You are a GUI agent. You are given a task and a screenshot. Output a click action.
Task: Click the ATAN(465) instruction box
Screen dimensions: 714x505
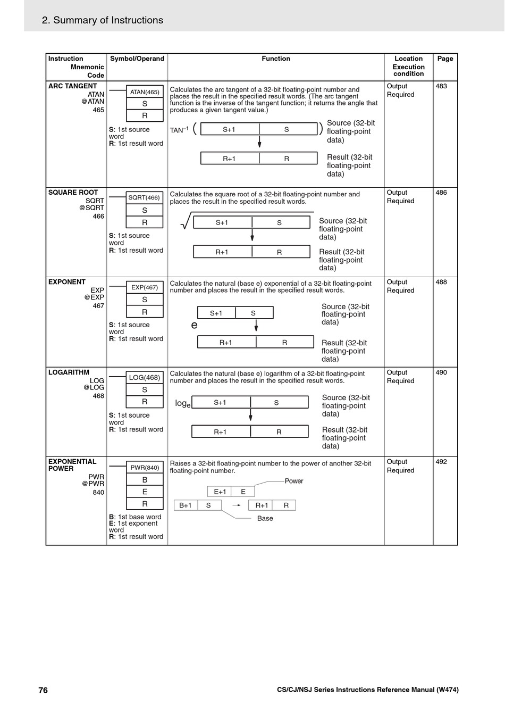145,92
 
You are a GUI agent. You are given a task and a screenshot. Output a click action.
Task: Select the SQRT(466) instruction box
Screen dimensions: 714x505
145,198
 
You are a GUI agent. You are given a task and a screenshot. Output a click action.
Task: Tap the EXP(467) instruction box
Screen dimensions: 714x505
145,287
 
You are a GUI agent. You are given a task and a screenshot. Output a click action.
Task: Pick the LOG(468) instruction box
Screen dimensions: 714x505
145,378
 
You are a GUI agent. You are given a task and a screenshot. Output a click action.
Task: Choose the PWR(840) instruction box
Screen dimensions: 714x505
145,468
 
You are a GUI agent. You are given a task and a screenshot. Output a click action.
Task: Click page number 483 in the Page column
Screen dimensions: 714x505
441,86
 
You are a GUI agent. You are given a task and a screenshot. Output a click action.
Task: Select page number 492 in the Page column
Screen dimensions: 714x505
441,462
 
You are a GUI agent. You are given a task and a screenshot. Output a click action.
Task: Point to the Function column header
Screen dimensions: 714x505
276,59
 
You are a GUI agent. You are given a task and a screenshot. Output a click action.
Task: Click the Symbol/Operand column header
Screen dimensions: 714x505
137,59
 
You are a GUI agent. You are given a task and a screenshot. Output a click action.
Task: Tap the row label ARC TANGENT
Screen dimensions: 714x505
73,86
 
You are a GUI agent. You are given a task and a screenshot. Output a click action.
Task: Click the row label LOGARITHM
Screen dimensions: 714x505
69,372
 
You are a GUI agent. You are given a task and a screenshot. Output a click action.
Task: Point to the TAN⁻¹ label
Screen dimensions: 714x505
179,130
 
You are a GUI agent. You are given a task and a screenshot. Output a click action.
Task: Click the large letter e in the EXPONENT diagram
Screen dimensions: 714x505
194,325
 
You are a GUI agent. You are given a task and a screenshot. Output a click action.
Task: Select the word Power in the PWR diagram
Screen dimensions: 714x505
294,481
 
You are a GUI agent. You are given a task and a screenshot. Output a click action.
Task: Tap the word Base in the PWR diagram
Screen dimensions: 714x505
265,518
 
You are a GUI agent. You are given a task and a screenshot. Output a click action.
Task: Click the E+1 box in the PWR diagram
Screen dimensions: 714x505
220,492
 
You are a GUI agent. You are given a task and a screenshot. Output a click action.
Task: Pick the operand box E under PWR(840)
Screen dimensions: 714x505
145,492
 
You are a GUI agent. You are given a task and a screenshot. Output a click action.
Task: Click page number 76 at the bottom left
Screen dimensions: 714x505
43,690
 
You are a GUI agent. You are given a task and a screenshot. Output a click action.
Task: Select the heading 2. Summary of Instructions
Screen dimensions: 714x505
103,20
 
